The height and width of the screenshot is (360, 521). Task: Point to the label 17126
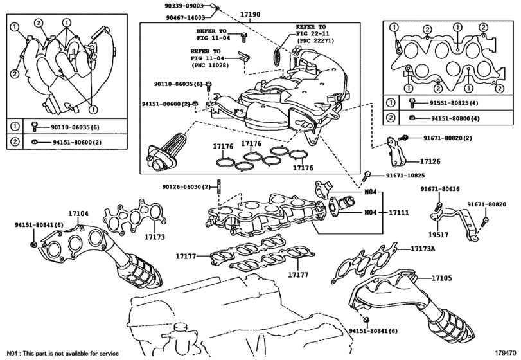coord(430,161)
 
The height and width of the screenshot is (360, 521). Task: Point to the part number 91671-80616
coord(440,188)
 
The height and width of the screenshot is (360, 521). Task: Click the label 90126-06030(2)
coord(187,186)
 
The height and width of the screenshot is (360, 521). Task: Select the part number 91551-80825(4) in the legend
coord(440,102)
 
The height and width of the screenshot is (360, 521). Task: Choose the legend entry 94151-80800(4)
coord(440,118)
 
